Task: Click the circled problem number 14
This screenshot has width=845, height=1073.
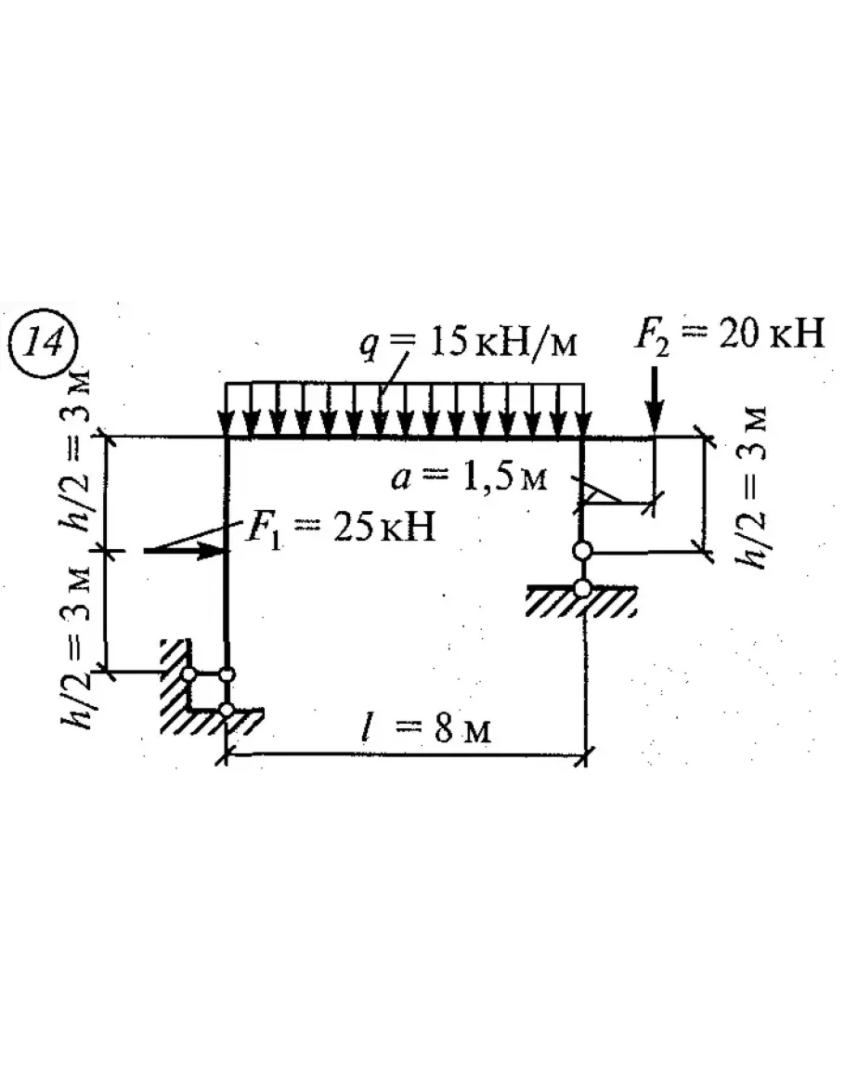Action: coord(44,343)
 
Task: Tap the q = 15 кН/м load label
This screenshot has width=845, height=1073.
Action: coord(469,342)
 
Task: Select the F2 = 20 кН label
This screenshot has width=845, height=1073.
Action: coord(729,334)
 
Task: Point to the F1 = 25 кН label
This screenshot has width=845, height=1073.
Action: coord(340,528)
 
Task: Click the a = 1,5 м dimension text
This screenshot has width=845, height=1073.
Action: coord(469,477)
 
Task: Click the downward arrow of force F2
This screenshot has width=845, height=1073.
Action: coord(656,400)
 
